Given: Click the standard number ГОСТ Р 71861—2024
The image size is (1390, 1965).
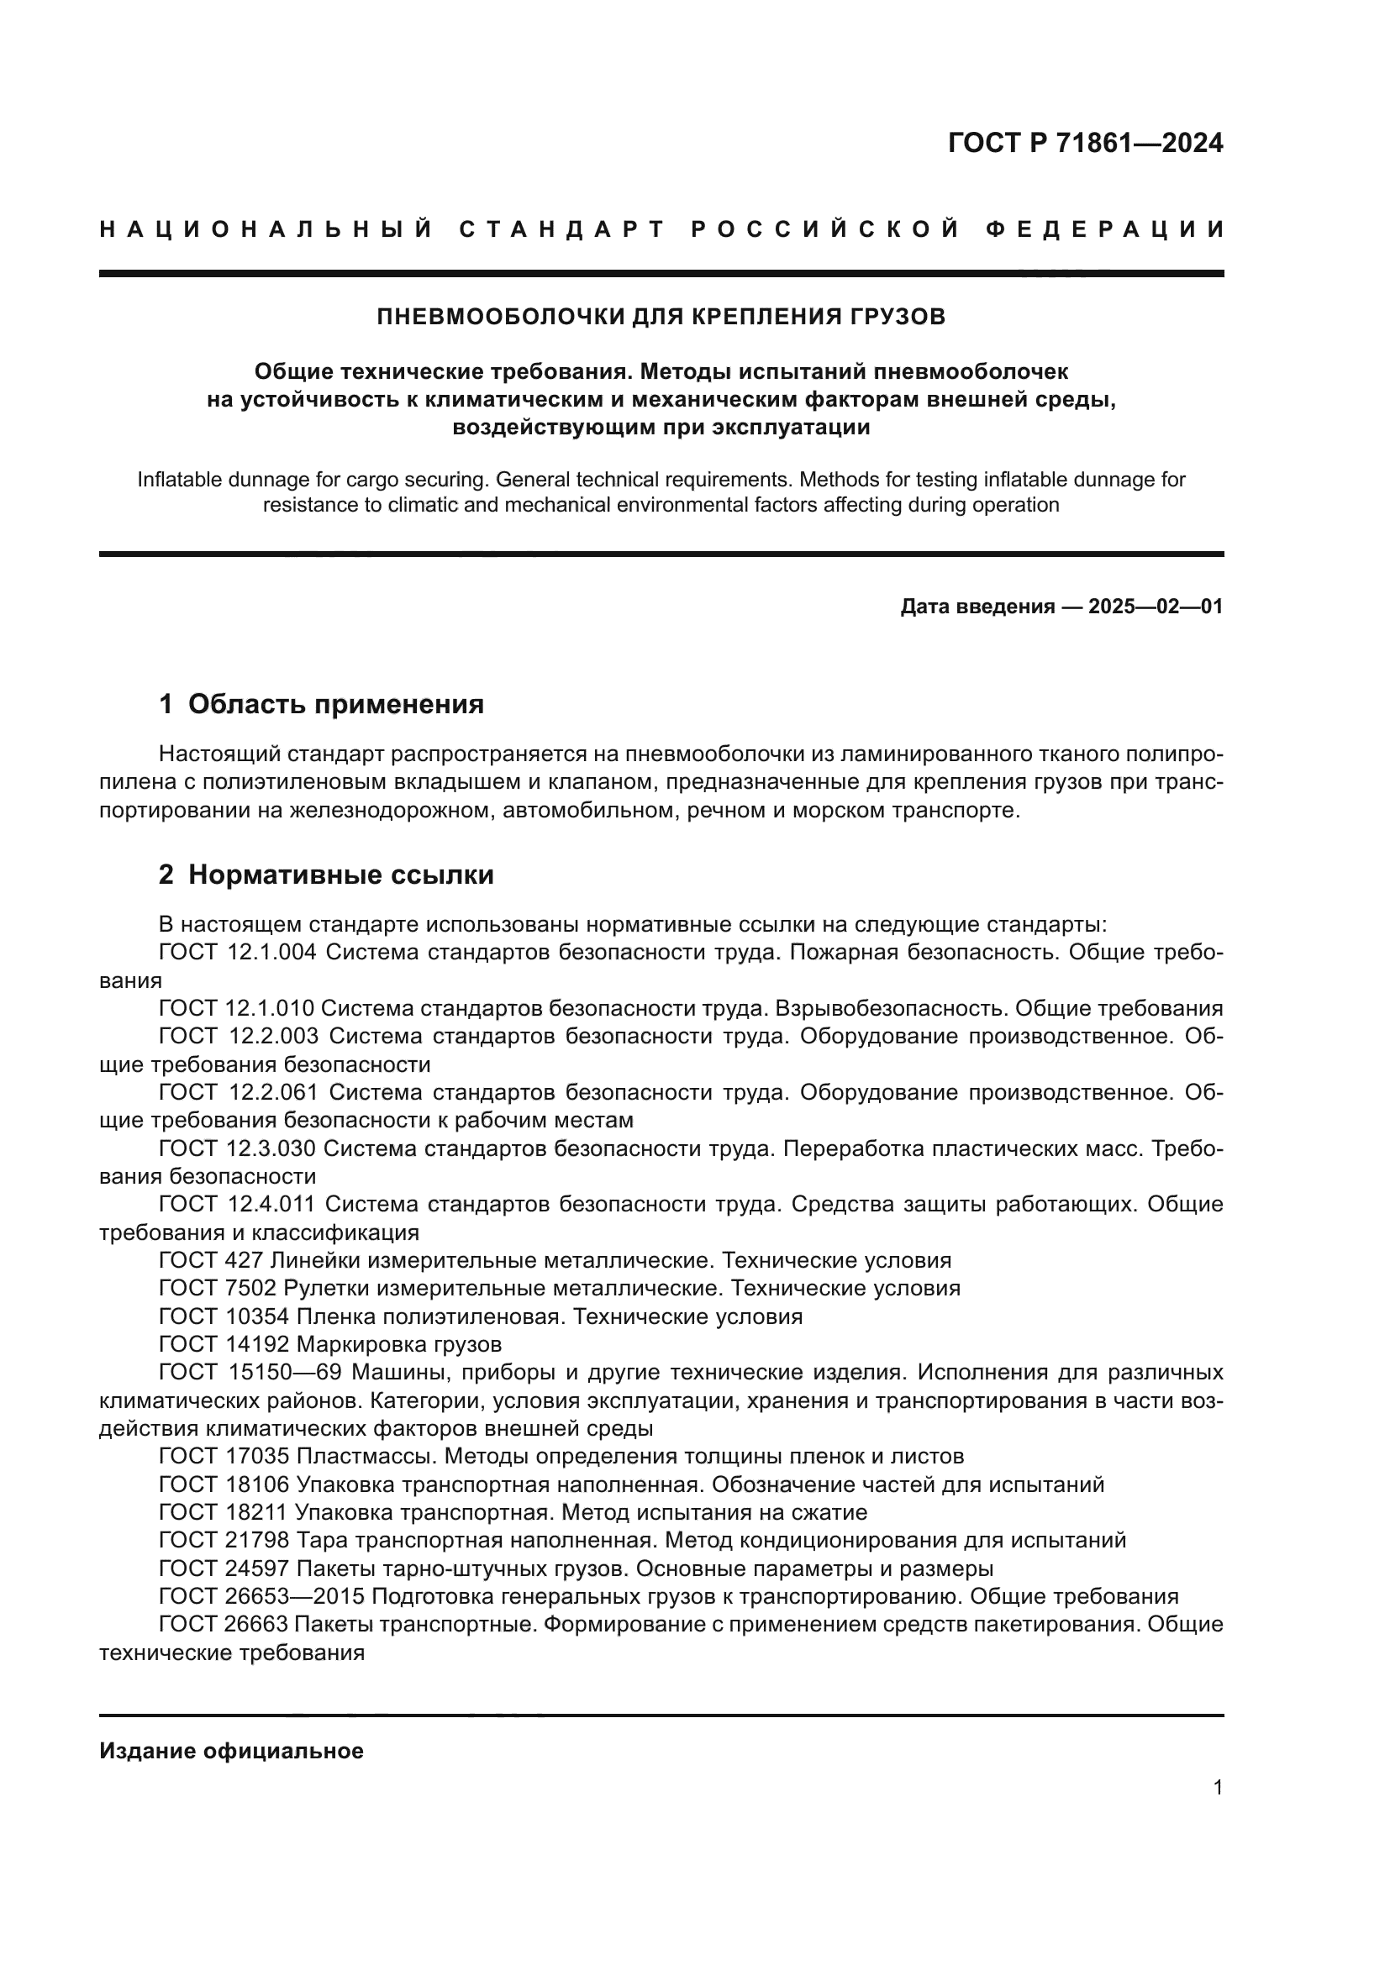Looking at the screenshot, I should click(x=1084, y=143).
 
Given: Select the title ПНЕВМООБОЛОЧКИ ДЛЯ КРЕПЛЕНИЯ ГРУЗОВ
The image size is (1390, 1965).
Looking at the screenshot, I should click(x=661, y=317).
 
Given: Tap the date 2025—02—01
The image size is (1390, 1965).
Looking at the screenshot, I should click(x=1155, y=607).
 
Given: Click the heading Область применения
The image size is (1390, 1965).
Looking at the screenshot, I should click(x=335, y=704).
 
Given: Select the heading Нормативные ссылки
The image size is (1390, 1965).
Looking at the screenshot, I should click(x=340, y=875).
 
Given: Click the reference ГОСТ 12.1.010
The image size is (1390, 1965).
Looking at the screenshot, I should click(x=236, y=1008).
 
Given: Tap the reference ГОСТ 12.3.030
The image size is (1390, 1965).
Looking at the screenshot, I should click(x=236, y=1148).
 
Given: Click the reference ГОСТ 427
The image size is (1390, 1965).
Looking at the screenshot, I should click(x=213, y=1260).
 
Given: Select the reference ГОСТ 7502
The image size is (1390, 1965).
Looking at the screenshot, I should click(x=218, y=1288).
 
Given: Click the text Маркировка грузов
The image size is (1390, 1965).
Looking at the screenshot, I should click(x=399, y=1343).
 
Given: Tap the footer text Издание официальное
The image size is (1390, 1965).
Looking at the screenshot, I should click(x=231, y=1751).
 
